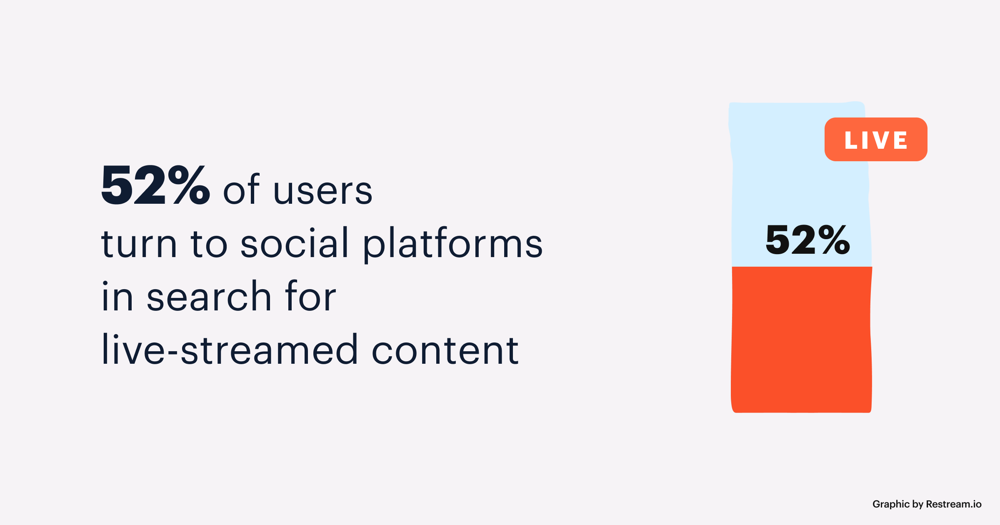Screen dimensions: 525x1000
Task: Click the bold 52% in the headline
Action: (x=155, y=185)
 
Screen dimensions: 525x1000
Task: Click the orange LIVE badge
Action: (x=875, y=139)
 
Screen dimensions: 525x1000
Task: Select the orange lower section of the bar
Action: (x=802, y=340)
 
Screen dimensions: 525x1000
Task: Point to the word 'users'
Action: (x=323, y=191)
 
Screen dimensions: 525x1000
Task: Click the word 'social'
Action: (x=294, y=243)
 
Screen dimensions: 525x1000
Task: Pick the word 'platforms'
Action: (x=453, y=244)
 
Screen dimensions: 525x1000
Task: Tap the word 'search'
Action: (x=209, y=296)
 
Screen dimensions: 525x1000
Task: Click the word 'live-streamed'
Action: (x=230, y=350)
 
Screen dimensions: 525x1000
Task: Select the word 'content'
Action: (x=445, y=350)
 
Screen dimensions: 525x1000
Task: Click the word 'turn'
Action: (x=139, y=244)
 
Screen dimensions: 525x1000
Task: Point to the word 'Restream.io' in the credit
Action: (x=953, y=504)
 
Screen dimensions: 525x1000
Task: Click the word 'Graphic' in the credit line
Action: (x=891, y=504)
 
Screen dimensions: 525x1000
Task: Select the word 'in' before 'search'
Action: (x=117, y=296)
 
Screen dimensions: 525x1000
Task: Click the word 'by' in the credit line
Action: (x=918, y=504)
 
